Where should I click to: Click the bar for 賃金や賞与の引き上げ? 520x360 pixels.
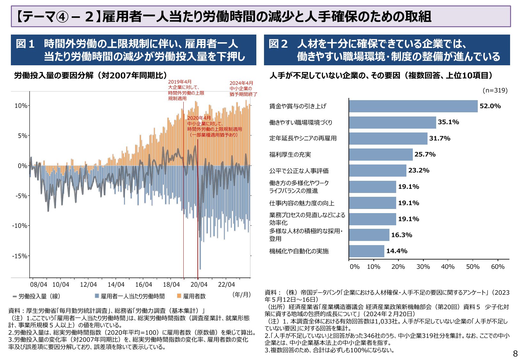pos(413,106)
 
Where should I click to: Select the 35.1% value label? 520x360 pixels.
pos(448,122)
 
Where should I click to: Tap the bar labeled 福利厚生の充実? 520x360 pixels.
pos(381,155)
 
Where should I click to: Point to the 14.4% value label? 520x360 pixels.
pos(396,251)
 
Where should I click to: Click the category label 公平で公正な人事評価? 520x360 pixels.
pos(299,171)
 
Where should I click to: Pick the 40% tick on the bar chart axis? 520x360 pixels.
pos(448,267)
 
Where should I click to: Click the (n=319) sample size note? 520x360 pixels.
pos(495,91)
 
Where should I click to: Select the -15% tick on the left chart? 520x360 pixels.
pos(20,256)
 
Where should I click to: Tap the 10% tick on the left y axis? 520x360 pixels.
pos(21,106)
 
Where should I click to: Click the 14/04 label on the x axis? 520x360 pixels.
pos(116,285)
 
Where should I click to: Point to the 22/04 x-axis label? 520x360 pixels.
pos(226,285)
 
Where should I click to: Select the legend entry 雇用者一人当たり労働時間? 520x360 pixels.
pos(132,296)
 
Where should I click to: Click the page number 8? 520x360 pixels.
pos(515,354)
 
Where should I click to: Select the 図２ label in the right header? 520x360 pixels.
pos(278,44)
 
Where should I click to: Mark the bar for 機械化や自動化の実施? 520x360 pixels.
pos(366,251)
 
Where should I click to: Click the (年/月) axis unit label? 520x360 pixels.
pos(242,294)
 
